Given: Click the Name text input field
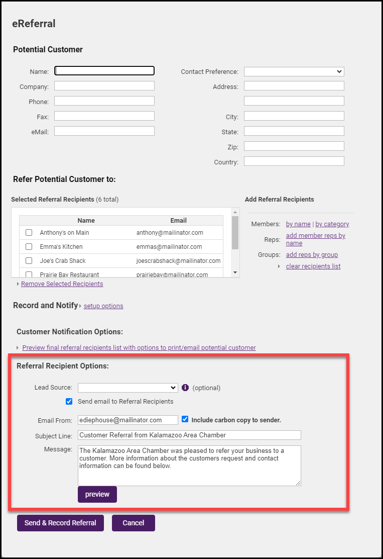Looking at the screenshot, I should pyautogui.click(x=104, y=71).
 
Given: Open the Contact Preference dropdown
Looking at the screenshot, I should pyautogui.click(x=294, y=71).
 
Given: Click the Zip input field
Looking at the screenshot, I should pyautogui.click(x=294, y=146).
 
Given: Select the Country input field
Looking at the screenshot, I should pyautogui.click(x=294, y=161).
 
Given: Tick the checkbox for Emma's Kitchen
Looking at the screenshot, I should pyautogui.click(x=29, y=247).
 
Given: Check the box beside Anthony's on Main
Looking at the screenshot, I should pyautogui.click(x=29, y=233).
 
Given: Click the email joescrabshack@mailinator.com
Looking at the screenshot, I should pyautogui.click(x=178, y=261).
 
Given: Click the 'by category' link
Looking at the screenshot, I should pyautogui.click(x=332, y=224).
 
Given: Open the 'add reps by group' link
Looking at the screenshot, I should pyautogui.click(x=312, y=255).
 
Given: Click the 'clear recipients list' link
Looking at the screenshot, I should pyautogui.click(x=313, y=266).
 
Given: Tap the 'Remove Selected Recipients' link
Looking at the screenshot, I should pyautogui.click(x=62, y=284).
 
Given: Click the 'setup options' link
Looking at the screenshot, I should pyautogui.click(x=103, y=306).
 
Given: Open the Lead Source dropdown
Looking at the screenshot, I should pyautogui.click(x=128, y=388).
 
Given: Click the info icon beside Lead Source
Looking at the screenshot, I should pyautogui.click(x=185, y=388).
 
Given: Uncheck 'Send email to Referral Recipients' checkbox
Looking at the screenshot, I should pyautogui.click(x=69, y=402).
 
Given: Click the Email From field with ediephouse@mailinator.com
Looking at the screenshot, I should pyautogui.click(x=128, y=420).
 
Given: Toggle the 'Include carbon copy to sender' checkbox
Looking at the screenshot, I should pyautogui.click(x=185, y=419).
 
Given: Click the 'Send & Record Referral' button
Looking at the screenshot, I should pyautogui.click(x=60, y=523).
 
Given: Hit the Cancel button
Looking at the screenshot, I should pyautogui.click(x=134, y=523).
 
